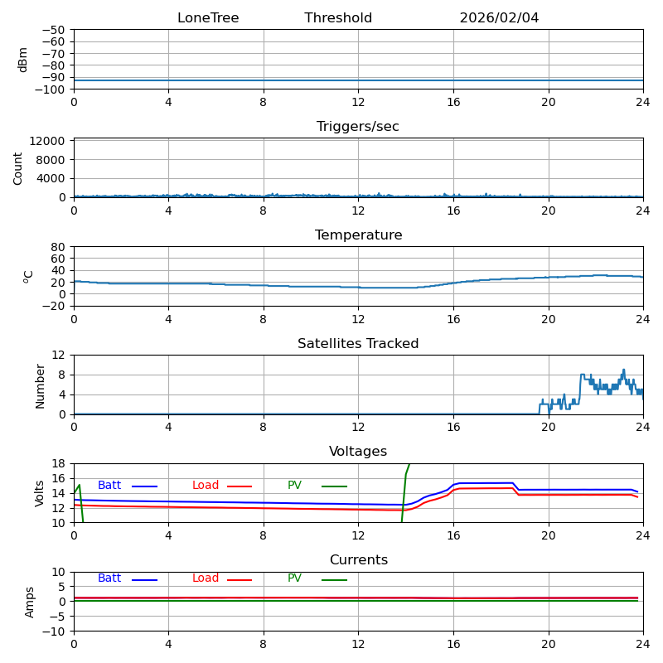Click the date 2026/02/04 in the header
(499, 18)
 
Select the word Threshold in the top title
(338, 18)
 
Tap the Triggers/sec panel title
(358, 127)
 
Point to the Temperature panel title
(358, 235)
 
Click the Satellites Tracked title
(358, 344)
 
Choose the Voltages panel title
(358, 452)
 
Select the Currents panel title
(358, 560)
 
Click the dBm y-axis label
(23, 60)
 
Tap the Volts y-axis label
(40, 493)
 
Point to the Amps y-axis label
(31, 602)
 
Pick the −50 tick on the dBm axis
(53, 30)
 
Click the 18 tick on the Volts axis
(60, 464)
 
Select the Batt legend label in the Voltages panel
(109, 486)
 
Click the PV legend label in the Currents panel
(294, 578)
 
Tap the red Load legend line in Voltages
(240, 486)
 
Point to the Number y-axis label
(40, 385)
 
